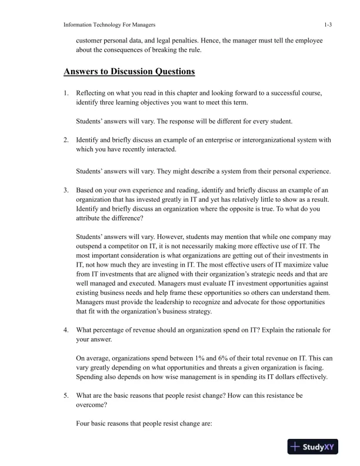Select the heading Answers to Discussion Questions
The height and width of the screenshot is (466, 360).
pyautogui.click(x=129, y=72)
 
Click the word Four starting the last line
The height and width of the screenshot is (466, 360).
pyautogui.click(x=85, y=424)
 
